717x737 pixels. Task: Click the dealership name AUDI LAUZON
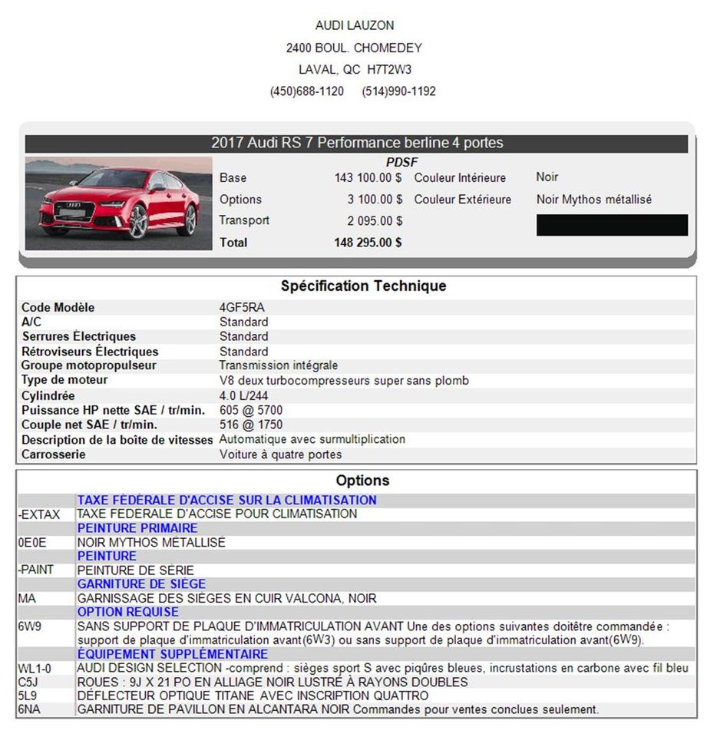point(355,25)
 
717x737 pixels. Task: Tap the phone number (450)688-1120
point(307,91)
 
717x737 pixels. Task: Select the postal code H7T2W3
point(389,69)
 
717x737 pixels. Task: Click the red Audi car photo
point(119,203)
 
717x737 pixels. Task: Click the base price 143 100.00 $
point(368,178)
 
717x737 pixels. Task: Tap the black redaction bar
point(612,225)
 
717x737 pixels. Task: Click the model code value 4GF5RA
point(242,308)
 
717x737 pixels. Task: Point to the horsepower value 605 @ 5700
point(251,411)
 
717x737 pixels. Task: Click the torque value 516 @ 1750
point(251,425)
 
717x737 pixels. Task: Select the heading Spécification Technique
point(363,286)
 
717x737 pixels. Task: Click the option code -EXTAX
point(39,514)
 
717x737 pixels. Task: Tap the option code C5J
point(28,682)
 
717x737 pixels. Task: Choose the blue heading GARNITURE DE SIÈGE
point(141,584)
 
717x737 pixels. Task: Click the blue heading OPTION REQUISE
point(127,612)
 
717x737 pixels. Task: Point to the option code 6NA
point(28,710)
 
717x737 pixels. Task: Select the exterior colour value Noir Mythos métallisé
point(593,200)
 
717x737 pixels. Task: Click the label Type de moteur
point(64,380)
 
